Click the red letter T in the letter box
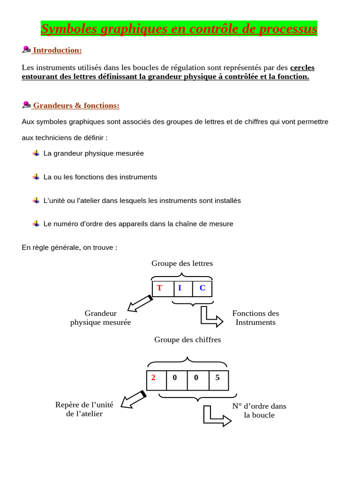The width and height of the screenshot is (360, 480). [x=159, y=288]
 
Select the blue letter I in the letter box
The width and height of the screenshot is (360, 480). [x=180, y=288]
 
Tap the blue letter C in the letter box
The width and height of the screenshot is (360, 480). [x=202, y=288]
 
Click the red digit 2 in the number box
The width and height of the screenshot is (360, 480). [x=153, y=377]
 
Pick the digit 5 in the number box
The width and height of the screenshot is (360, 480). [x=217, y=377]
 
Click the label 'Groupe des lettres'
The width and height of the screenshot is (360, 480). [x=182, y=263]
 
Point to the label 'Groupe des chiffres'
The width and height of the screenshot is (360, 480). [x=187, y=339]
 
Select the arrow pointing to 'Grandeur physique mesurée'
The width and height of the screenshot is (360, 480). [x=140, y=304]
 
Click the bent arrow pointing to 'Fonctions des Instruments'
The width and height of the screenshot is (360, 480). [x=211, y=317]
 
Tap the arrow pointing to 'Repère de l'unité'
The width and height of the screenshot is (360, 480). [x=133, y=399]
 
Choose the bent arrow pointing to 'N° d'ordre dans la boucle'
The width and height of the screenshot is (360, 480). [x=216, y=416]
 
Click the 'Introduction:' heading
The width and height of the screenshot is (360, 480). [x=57, y=50]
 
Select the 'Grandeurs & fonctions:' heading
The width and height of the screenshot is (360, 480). [x=76, y=105]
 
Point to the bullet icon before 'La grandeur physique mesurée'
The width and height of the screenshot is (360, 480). [x=36, y=153]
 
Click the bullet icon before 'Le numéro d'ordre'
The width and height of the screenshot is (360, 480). [x=36, y=224]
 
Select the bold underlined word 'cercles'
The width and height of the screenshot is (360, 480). [x=302, y=67]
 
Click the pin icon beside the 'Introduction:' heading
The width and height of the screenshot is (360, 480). [x=26, y=50]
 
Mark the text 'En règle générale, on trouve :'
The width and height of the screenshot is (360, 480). [x=69, y=247]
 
